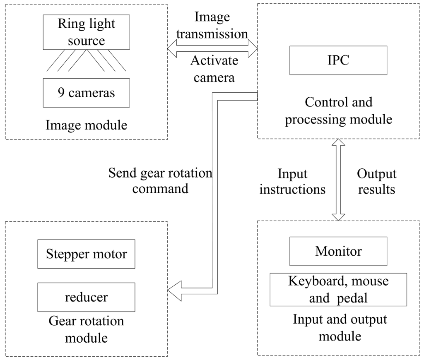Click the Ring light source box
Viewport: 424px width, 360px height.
click(x=86, y=32)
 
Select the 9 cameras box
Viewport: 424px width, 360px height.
click(x=86, y=93)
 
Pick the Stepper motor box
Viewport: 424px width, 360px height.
click(x=86, y=253)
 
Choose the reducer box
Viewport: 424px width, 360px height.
click(x=86, y=297)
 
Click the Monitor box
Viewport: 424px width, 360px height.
click(x=338, y=251)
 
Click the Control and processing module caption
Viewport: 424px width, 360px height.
click(x=338, y=110)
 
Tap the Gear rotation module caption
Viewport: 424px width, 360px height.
click(x=86, y=329)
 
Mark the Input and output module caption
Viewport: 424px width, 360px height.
click(x=338, y=327)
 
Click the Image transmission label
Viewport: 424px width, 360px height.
click(x=212, y=25)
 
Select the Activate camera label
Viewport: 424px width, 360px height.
click(x=214, y=68)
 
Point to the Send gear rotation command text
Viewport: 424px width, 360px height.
click(x=160, y=180)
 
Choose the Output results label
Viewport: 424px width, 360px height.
click(x=376, y=181)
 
